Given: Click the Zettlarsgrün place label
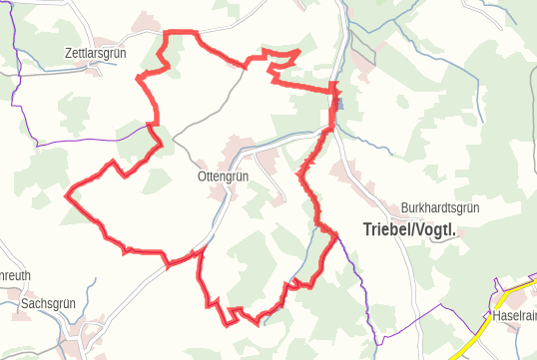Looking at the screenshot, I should coord(97,53).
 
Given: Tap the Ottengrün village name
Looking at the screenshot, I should coord(224,177).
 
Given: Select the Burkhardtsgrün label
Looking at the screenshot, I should coord(440,208).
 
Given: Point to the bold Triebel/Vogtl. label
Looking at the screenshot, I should coord(409,229).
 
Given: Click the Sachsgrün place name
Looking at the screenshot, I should coord(49,303).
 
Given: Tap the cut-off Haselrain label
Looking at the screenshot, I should coord(514,316).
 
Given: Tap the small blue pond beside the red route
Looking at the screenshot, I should coord(339,102).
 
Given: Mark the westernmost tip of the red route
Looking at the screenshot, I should coord(67,196).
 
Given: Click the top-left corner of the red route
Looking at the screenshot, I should coord(165,34).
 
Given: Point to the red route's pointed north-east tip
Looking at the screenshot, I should coord(300,50).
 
